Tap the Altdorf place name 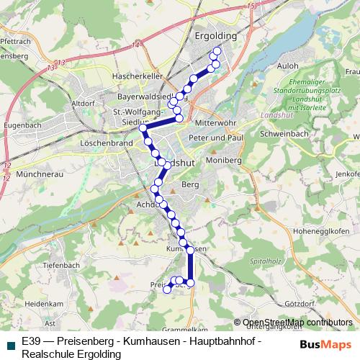coord(84,104)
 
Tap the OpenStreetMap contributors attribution coord(297,323)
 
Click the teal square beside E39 coord(10,346)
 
